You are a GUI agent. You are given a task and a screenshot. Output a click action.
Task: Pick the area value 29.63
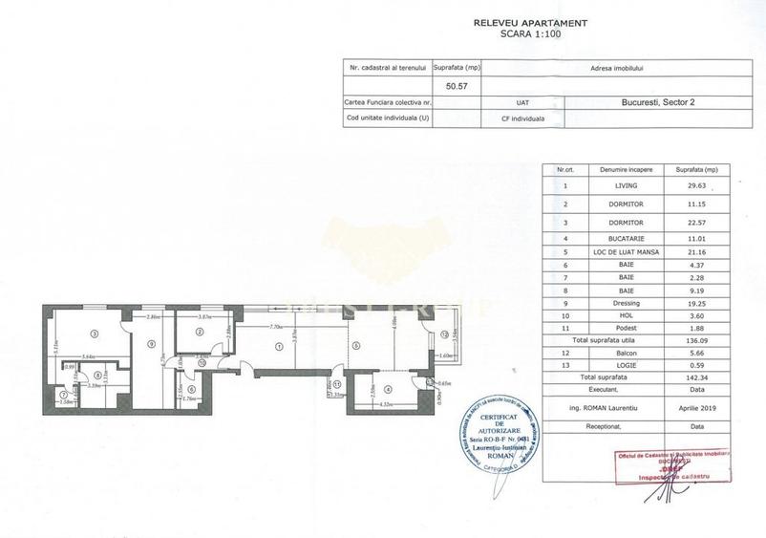click(x=699, y=186)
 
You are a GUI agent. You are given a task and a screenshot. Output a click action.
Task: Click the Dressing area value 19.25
click(x=699, y=325)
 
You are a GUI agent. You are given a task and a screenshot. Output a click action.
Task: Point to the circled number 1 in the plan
click(x=279, y=347)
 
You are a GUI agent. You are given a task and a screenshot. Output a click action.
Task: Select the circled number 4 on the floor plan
click(x=388, y=389)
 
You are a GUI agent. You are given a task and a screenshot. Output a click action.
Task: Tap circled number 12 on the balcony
click(x=444, y=334)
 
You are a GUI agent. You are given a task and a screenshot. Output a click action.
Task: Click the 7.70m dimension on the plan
click(x=277, y=328)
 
